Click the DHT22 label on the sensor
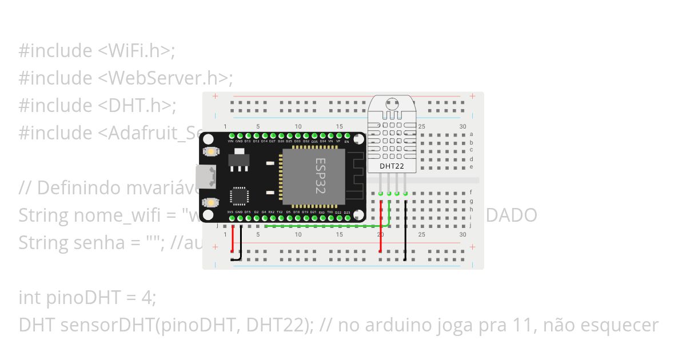[x=392, y=166]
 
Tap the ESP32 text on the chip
[x=320, y=176]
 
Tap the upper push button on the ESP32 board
[x=212, y=152]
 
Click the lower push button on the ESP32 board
[x=212, y=202]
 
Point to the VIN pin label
[x=230, y=141]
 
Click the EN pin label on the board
[x=346, y=141]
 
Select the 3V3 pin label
[x=230, y=212]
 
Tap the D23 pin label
[x=346, y=212]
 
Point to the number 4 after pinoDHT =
[x=150, y=298]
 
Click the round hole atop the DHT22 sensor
[x=392, y=104]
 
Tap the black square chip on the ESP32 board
[x=238, y=196]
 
